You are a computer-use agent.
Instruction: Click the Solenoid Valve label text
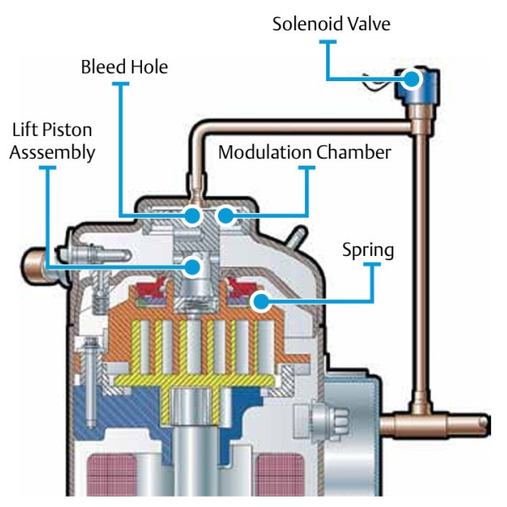330,23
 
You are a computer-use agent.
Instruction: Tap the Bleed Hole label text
124,66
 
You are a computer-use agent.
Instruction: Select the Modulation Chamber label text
304,152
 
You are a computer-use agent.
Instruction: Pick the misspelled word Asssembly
52,152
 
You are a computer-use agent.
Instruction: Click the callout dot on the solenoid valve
412,79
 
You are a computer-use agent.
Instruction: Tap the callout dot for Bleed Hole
194,215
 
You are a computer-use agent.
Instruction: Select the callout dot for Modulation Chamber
225,215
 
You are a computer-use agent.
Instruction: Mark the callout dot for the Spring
261,302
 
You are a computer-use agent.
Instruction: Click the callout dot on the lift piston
194,267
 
